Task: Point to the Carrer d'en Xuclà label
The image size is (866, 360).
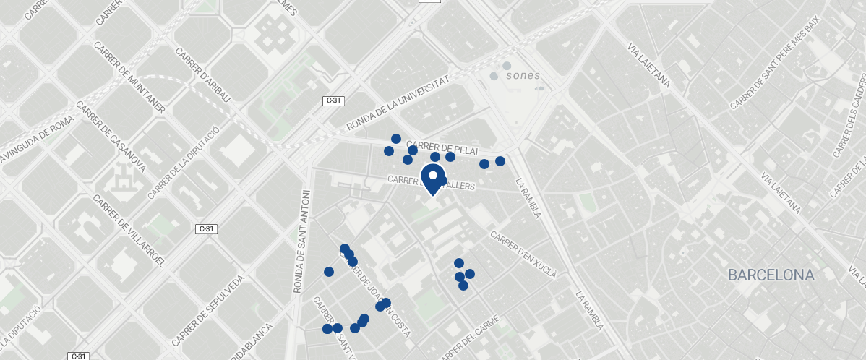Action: click(523, 255)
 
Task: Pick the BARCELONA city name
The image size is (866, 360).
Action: click(771, 275)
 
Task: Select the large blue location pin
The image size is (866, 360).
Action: click(433, 178)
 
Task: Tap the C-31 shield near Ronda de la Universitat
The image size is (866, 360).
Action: click(333, 100)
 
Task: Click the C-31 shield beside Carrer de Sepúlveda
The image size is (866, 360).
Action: click(207, 229)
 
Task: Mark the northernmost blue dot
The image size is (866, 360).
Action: click(396, 139)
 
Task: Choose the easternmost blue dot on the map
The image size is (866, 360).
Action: click(500, 161)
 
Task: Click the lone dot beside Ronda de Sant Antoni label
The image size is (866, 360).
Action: click(329, 272)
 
